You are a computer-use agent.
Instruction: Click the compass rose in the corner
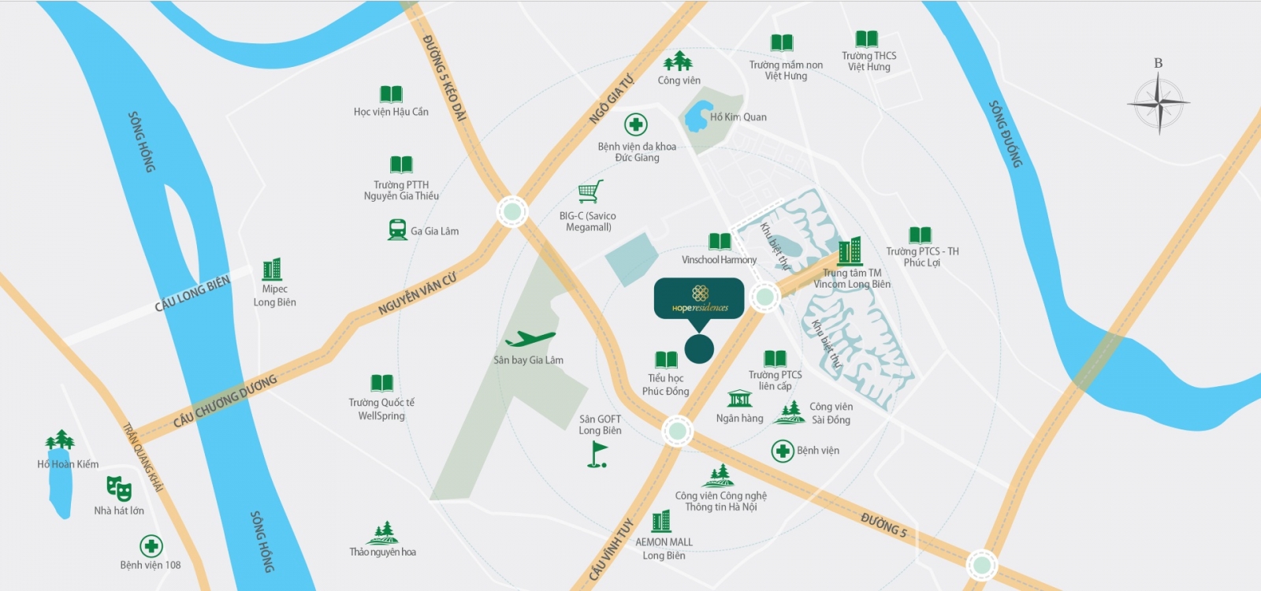(1158, 103)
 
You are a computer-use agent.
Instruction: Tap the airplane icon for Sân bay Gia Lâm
(530, 340)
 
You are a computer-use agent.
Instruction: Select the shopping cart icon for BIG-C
(590, 191)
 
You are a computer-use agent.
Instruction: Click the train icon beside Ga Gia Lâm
(397, 229)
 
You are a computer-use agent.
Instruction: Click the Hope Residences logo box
(699, 298)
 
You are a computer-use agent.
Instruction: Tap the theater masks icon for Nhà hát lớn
(119, 489)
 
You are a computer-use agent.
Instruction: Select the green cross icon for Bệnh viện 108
(151, 545)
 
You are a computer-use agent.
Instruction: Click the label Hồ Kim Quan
(738, 117)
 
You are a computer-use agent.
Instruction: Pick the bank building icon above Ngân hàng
(739, 398)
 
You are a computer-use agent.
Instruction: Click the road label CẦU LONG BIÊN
(192, 294)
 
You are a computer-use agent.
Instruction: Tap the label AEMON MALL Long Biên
(663, 548)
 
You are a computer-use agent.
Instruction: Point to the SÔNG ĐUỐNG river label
(1006, 133)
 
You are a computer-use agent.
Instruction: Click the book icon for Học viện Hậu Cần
(391, 94)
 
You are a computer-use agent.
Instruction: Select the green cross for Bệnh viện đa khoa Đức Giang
(636, 125)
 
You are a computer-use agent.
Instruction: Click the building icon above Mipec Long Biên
(272, 269)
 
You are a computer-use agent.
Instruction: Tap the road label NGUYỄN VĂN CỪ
(417, 294)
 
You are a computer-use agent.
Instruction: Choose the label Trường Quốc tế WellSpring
(381, 409)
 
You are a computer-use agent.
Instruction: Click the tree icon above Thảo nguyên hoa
(383, 533)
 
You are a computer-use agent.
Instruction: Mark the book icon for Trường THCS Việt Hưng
(866, 39)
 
